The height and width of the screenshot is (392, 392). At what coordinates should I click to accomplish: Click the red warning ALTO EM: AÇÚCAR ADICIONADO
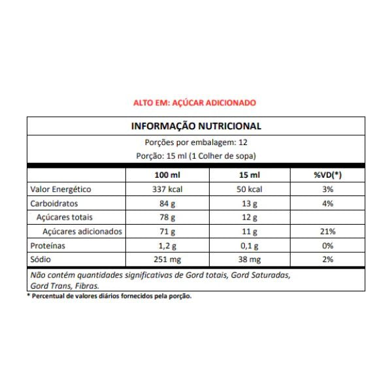(x=194, y=103)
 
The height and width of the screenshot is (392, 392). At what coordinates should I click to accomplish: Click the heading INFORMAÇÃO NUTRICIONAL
(x=196, y=126)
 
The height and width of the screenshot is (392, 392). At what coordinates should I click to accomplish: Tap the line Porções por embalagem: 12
(x=196, y=142)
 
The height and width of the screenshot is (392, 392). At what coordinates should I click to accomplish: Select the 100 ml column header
(x=167, y=176)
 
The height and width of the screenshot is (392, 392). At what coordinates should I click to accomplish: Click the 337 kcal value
(x=167, y=189)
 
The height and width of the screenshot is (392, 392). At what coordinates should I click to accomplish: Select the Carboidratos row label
(x=54, y=204)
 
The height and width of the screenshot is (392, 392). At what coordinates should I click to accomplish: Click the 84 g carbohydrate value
(x=167, y=204)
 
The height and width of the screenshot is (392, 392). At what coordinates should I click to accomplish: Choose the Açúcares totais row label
(x=65, y=218)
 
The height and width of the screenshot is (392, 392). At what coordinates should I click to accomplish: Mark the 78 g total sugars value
(x=167, y=218)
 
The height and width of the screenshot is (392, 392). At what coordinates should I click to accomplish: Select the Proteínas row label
(x=49, y=246)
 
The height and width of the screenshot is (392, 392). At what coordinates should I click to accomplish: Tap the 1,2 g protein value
(x=167, y=246)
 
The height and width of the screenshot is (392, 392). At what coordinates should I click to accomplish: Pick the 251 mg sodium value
(x=167, y=260)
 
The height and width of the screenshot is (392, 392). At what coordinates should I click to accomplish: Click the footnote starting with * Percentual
(x=109, y=296)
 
